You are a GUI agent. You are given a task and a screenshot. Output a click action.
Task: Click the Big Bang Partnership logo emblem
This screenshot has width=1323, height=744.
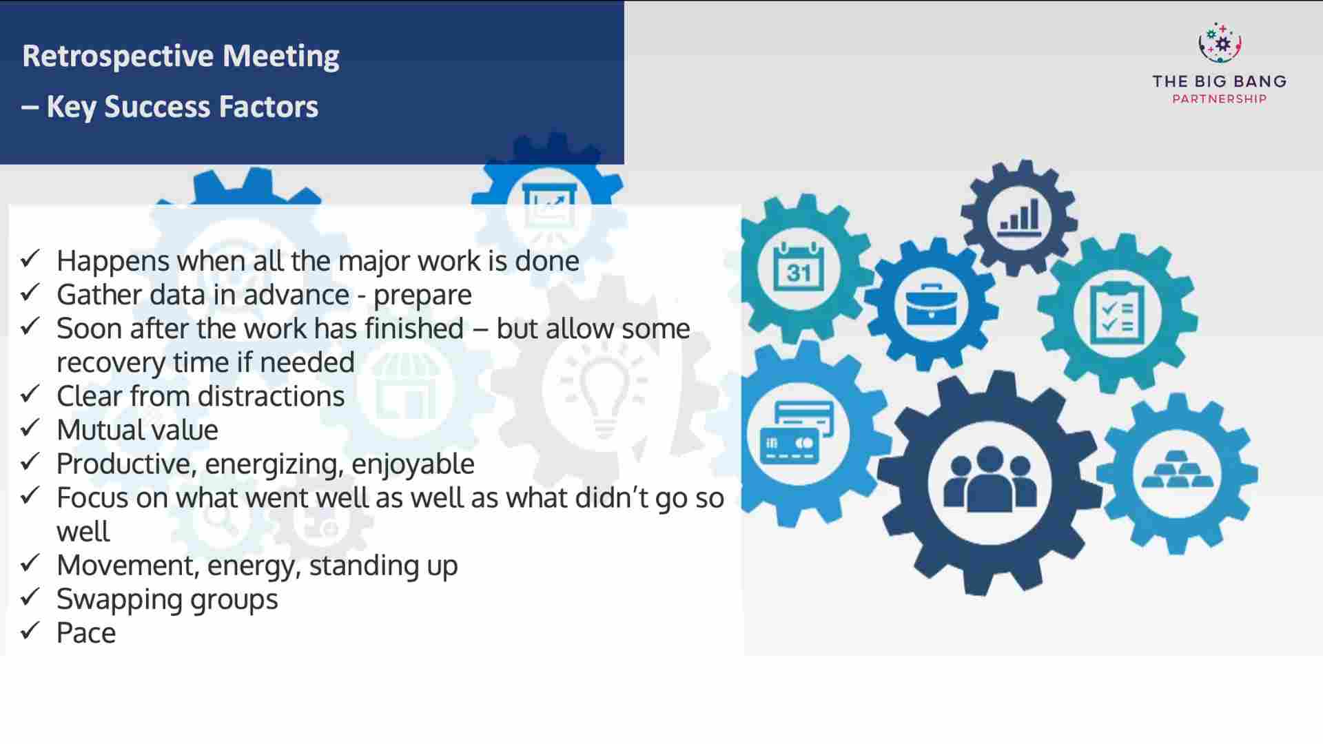coord(1219,43)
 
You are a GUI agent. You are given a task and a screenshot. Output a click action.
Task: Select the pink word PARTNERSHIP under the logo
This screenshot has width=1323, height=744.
coord(1219,99)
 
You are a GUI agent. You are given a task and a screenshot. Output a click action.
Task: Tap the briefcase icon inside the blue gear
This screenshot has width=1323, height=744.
coord(931,304)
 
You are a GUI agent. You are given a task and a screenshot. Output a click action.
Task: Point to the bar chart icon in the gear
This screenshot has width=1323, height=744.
coord(1019,216)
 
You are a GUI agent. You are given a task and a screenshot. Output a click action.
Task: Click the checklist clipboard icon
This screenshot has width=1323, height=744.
coord(1117,313)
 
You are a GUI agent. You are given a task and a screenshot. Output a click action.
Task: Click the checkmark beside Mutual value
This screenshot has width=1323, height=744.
coord(30,428)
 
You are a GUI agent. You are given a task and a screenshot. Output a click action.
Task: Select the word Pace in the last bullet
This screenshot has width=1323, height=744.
coord(86,633)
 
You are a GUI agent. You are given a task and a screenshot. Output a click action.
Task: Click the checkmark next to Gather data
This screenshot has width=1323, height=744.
coord(30,293)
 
